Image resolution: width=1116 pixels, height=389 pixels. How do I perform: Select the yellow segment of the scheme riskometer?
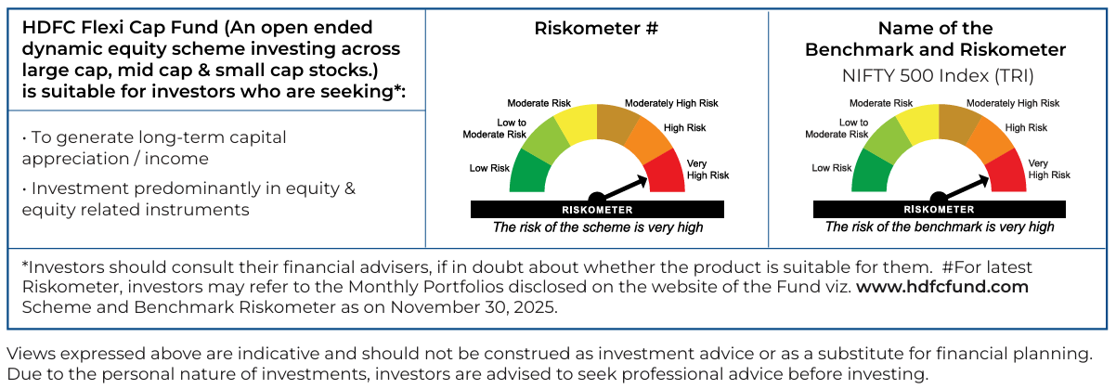pyautogui.click(x=577, y=125)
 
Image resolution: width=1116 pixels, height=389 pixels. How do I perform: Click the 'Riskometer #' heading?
pyautogui.click(x=596, y=29)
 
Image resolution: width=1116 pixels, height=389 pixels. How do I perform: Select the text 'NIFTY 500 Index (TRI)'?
pyautogui.click(x=938, y=76)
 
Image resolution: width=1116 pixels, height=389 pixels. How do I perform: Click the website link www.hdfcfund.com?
pyautogui.click(x=942, y=287)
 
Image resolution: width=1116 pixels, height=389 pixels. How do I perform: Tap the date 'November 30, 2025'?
pyautogui.click(x=473, y=307)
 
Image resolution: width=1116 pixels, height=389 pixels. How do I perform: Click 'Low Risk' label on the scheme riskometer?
pyautogui.click(x=489, y=168)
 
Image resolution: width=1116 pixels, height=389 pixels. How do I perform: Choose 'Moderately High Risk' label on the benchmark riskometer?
pyautogui.click(x=1013, y=103)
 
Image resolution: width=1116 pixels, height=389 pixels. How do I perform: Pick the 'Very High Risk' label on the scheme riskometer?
pyautogui.click(x=708, y=169)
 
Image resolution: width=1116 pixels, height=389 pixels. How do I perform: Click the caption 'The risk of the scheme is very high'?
pyautogui.click(x=597, y=227)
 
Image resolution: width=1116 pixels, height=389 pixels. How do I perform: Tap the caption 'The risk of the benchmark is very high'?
pyautogui.click(x=940, y=227)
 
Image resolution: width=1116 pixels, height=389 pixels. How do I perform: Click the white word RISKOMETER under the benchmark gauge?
pyautogui.click(x=940, y=209)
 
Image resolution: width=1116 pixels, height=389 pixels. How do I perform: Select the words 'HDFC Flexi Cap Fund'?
pyautogui.click(x=120, y=28)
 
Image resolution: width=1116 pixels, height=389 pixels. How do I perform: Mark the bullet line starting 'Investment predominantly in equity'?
pyautogui.click(x=188, y=199)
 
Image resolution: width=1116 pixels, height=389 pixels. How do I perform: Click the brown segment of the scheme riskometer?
pyautogui.click(x=616, y=124)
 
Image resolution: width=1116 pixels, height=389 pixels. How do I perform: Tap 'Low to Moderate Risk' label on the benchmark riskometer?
pyautogui.click(x=837, y=128)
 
